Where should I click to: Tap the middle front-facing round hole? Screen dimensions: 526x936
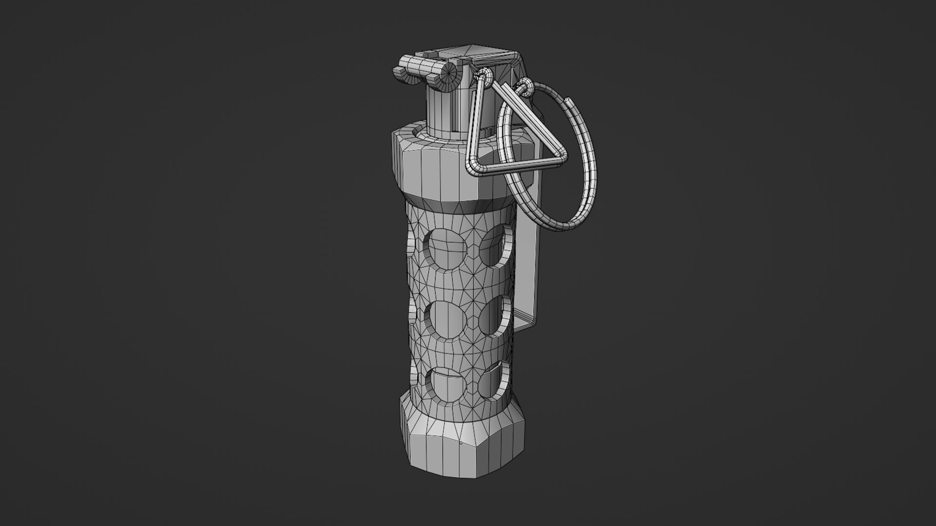(447, 319)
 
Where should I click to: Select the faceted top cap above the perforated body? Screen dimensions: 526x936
(439, 166)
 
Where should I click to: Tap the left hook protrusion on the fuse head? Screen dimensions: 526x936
(398, 72)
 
